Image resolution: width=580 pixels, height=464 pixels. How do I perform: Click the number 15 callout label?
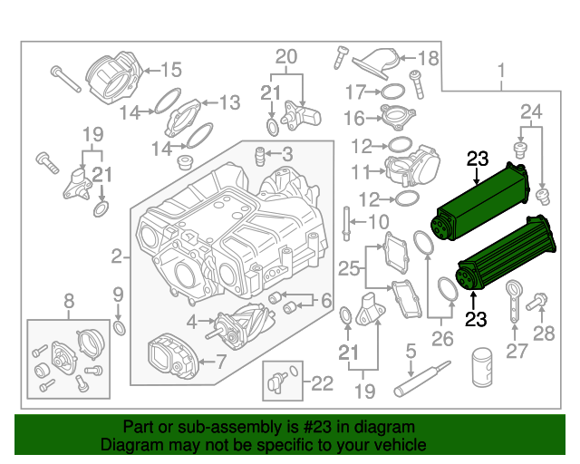(171, 69)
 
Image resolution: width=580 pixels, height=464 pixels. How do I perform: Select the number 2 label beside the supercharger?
(116, 257)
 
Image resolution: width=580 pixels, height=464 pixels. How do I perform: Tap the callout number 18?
(428, 59)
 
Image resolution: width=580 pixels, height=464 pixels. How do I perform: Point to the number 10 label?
(377, 223)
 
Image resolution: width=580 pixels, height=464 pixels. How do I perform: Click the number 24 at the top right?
(531, 111)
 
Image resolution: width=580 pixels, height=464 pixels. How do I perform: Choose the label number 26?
(441, 341)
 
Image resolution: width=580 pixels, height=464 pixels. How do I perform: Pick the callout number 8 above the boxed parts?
(68, 302)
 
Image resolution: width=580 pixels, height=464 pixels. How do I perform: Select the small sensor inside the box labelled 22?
(275, 382)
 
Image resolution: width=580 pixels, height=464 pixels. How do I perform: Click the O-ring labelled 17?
(391, 92)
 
